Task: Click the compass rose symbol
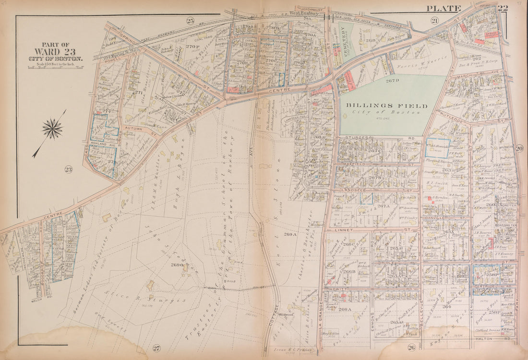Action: [x=52, y=129]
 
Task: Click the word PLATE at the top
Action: [x=444, y=8]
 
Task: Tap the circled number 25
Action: [x=191, y=20]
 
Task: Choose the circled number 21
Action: [x=434, y=20]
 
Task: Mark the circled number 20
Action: [x=519, y=149]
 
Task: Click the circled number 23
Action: [x=68, y=169]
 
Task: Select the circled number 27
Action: [x=156, y=348]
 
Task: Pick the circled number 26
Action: [x=411, y=347]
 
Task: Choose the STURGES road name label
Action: [x=356, y=137]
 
